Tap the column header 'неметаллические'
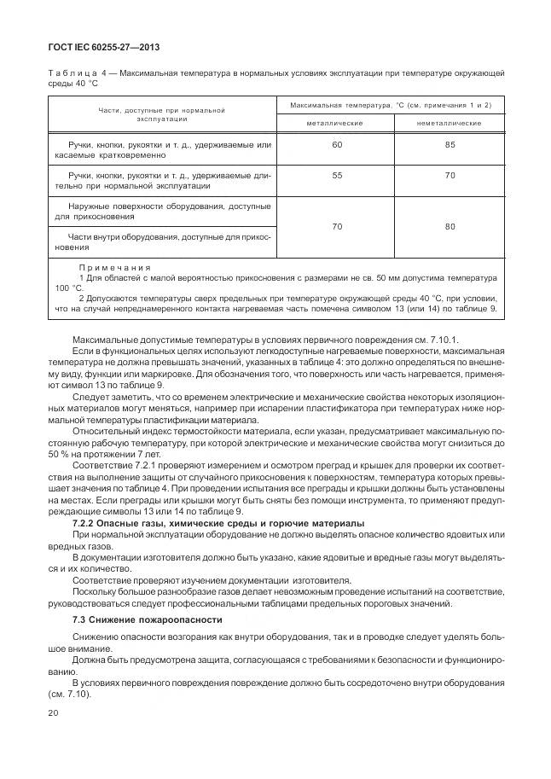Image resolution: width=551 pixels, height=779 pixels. click(x=449, y=124)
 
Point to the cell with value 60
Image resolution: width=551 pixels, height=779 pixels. click(x=336, y=145)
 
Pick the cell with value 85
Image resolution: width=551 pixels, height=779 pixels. click(x=449, y=145)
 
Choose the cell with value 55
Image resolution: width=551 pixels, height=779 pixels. click(x=336, y=174)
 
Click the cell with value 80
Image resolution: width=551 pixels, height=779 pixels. click(x=449, y=226)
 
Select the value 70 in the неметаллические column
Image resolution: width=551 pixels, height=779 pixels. click(x=449, y=174)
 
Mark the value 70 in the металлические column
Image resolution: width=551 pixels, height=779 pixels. click(x=336, y=226)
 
